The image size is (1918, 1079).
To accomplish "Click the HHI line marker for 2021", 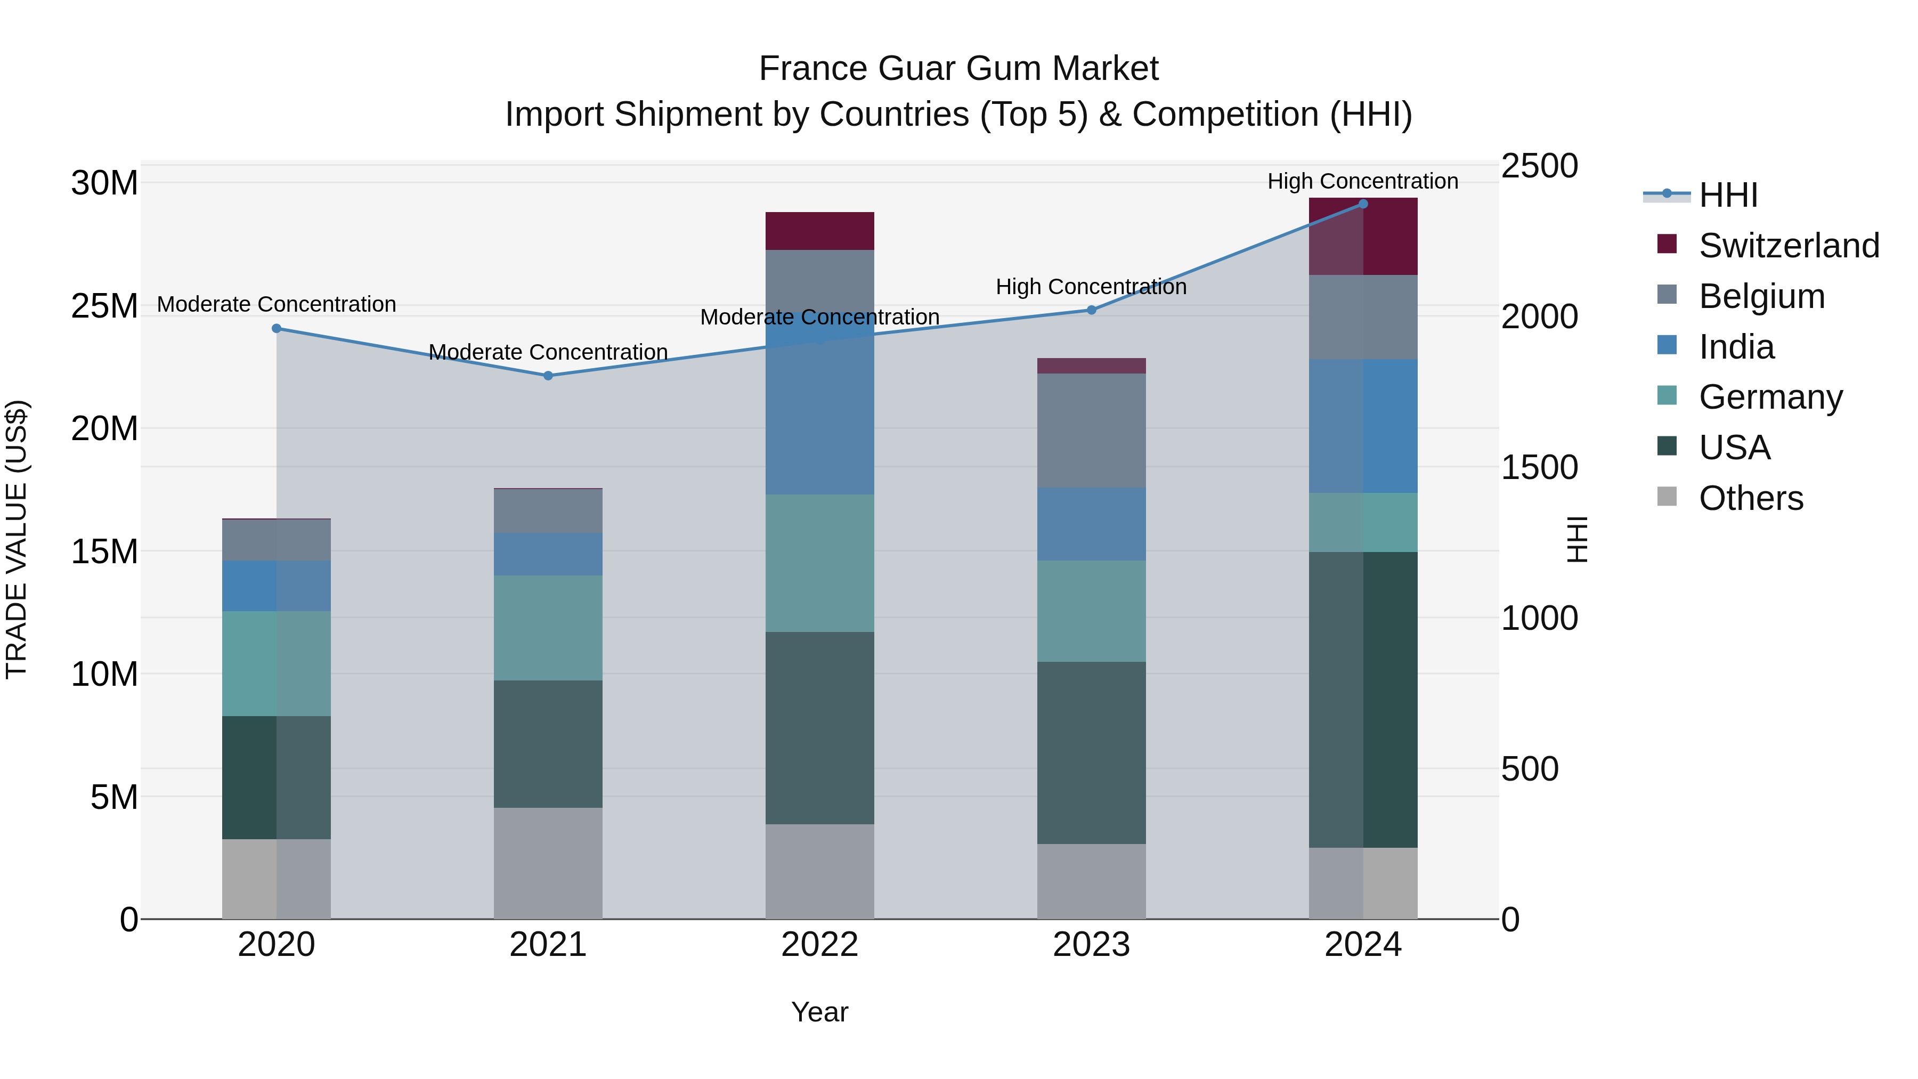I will pos(548,375).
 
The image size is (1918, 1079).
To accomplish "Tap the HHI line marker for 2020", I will pos(276,328).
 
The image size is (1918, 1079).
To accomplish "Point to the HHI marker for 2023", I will pos(1092,310).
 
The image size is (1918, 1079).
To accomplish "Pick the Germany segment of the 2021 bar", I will pos(548,628).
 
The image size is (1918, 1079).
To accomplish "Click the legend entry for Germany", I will pos(1770,397).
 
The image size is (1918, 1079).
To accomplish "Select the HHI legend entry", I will pos(1727,195).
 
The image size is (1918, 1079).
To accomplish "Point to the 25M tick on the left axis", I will pos(104,306).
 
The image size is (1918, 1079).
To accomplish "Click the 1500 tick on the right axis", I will pos(1539,468).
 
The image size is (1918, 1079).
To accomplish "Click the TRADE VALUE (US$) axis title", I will pos(17,539).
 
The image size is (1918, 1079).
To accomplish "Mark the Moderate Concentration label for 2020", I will pos(276,305).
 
